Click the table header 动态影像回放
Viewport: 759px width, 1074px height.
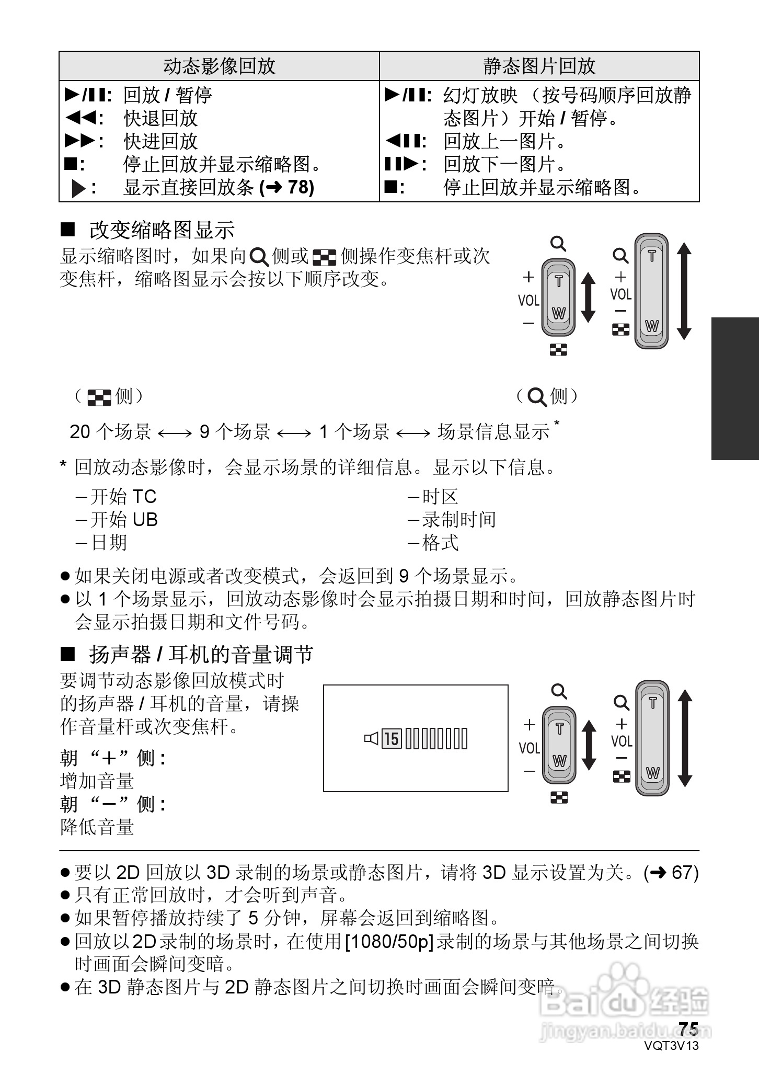click(219, 66)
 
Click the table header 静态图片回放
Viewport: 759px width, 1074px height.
click(539, 66)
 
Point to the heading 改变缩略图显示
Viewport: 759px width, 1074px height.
click(162, 230)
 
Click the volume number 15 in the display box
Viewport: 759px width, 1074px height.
click(392, 739)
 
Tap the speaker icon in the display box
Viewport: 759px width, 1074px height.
click(371, 738)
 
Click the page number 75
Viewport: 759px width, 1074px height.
click(688, 1029)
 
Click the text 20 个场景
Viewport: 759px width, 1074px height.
click(110, 432)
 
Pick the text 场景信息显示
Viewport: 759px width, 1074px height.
click(493, 432)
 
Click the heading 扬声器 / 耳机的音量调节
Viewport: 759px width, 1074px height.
click(201, 654)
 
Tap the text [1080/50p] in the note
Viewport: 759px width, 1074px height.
click(389, 941)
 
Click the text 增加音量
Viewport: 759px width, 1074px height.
click(97, 781)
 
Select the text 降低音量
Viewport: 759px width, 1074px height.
click(97, 827)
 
